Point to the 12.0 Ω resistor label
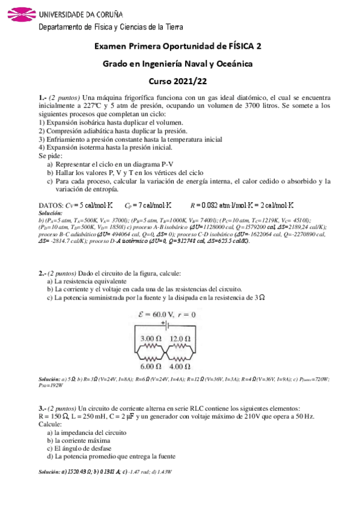coord(180,339)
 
